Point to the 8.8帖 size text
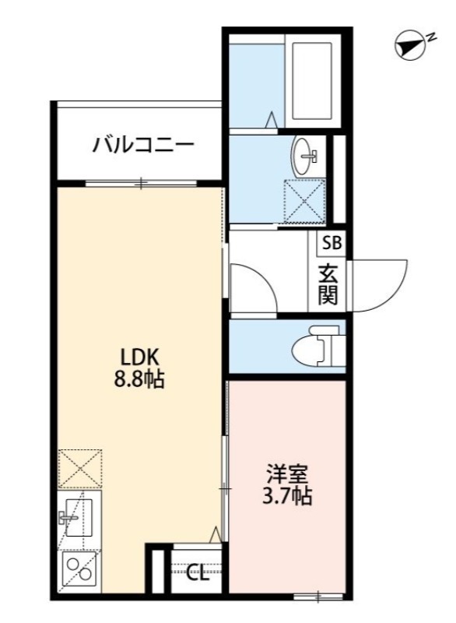[x=140, y=381]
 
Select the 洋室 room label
[x=289, y=473]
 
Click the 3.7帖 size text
[x=289, y=495]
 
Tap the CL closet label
[x=198, y=575]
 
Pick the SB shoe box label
[x=331, y=242]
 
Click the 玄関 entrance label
[x=328, y=283]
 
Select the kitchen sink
[x=77, y=516]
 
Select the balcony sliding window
[x=140, y=184]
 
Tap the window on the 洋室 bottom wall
[x=319, y=597]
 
